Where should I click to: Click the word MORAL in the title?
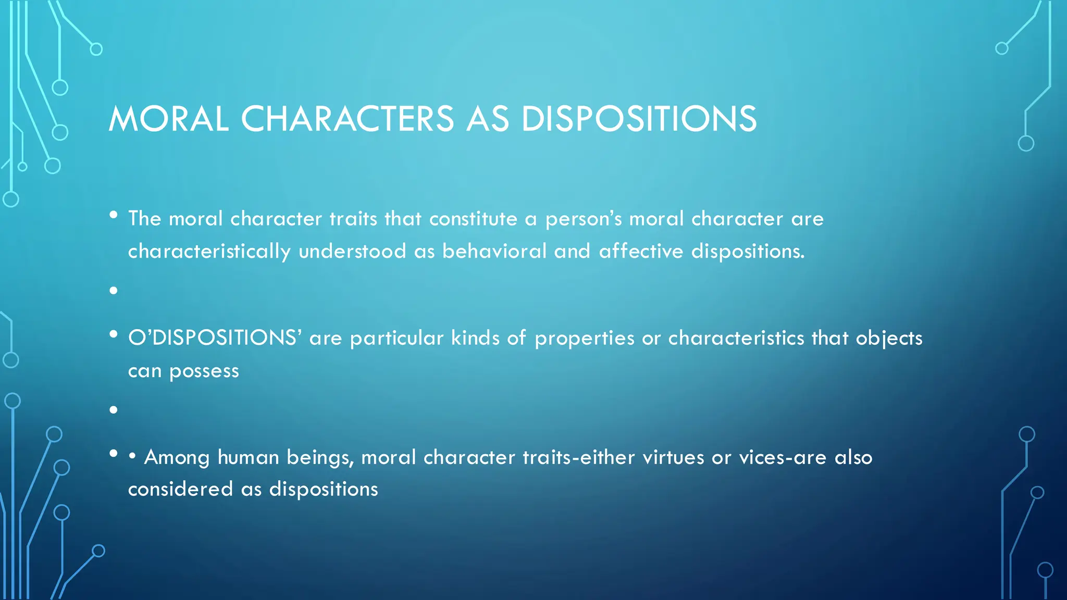168,119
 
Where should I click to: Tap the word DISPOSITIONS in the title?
639,119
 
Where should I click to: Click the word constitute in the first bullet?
473,219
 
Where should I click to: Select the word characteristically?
209,252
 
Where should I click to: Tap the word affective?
641,252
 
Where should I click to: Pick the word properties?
585,339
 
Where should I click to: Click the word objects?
889,339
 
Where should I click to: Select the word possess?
204,371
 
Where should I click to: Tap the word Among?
177,457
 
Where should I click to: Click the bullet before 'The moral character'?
114,215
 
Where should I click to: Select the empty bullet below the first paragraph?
114,291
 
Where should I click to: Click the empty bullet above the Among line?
114,410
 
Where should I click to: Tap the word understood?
352,252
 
